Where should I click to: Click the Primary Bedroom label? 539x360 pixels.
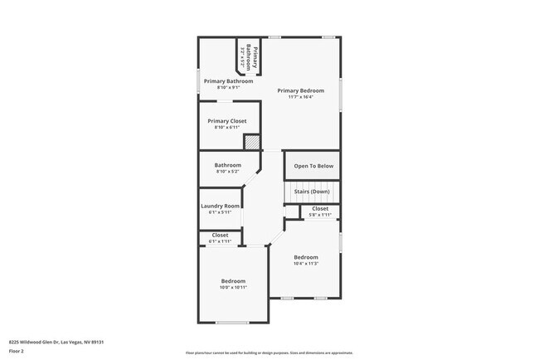click(x=300, y=90)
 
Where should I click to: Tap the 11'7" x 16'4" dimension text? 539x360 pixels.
click(x=300, y=97)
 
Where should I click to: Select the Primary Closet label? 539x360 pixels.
click(x=227, y=121)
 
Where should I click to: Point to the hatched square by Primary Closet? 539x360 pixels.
click(x=252, y=143)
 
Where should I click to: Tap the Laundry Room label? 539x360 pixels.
click(x=221, y=206)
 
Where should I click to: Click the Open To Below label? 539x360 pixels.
click(x=313, y=166)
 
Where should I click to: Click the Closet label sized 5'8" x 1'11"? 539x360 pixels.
click(x=319, y=208)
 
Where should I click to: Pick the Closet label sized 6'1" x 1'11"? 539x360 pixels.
click(x=220, y=235)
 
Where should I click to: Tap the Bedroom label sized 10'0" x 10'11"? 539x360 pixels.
click(x=232, y=281)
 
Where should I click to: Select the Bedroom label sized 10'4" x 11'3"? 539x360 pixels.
click(x=305, y=257)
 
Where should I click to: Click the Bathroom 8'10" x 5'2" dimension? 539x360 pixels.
click(x=228, y=171)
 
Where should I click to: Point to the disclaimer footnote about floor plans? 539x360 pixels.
click(x=269, y=353)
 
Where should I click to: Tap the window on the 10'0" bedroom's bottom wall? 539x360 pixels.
click(x=232, y=323)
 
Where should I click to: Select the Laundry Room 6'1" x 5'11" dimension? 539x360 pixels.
click(x=221, y=212)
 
